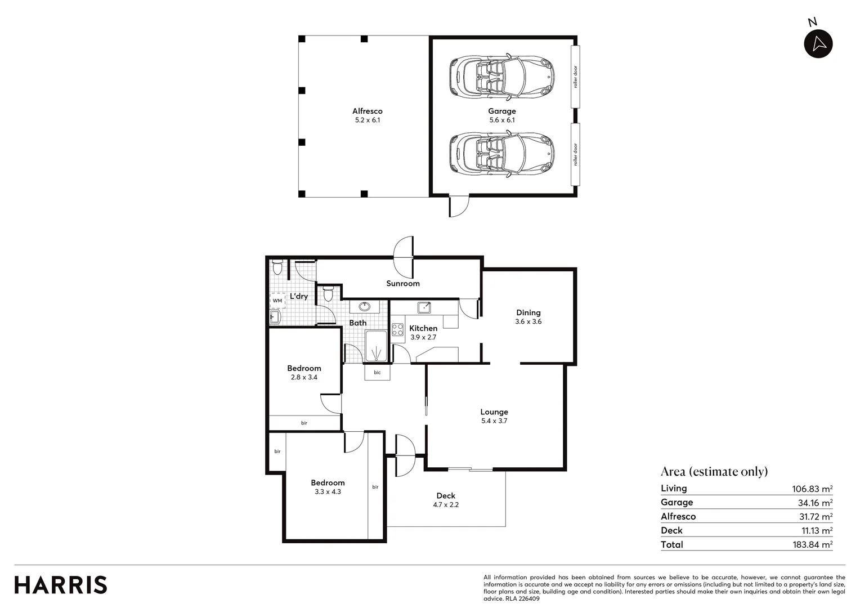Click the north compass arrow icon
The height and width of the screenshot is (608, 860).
click(818, 43)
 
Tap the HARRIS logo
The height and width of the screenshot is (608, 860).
click(61, 585)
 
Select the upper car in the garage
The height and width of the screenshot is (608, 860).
click(501, 77)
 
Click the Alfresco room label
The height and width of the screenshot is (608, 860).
click(368, 111)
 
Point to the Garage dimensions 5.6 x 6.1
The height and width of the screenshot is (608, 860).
click(501, 120)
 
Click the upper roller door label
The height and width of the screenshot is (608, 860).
click(575, 77)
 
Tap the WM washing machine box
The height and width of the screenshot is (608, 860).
click(277, 301)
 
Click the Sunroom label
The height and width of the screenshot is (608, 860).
click(402, 283)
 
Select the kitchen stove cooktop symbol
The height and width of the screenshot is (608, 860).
click(397, 329)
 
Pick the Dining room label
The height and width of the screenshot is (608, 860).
click(528, 312)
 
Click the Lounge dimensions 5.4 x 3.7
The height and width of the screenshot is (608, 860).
click(494, 421)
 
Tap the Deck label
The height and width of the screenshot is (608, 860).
click(445, 496)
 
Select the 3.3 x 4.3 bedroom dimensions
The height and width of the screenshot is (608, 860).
click(328, 491)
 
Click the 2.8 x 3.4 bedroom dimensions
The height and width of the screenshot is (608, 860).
click(304, 377)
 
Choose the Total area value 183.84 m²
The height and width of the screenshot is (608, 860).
click(812, 544)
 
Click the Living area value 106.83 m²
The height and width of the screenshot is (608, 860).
click(812, 489)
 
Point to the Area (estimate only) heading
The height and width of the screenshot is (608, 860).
click(714, 471)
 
